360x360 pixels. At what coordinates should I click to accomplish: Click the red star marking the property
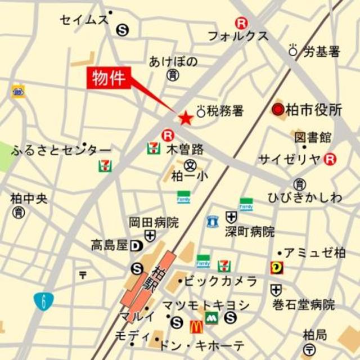(x=185, y=118)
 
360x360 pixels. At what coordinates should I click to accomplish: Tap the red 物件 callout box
(x=110, y=78)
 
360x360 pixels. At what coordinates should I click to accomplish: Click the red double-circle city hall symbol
(x=278, y=110)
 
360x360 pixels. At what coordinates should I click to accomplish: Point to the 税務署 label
(x=225, y=111)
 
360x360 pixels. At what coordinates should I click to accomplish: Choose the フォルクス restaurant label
(x=238, y=36)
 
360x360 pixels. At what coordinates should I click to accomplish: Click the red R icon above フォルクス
(x=241, y=23)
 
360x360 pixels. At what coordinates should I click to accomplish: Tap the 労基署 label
(x=322, y=52)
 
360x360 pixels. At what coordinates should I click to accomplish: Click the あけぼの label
(x=173, y=61)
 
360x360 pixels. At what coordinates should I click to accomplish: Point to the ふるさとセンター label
(x=61, y=150)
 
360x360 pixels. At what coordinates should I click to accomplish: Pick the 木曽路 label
(x=185, y=150)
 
